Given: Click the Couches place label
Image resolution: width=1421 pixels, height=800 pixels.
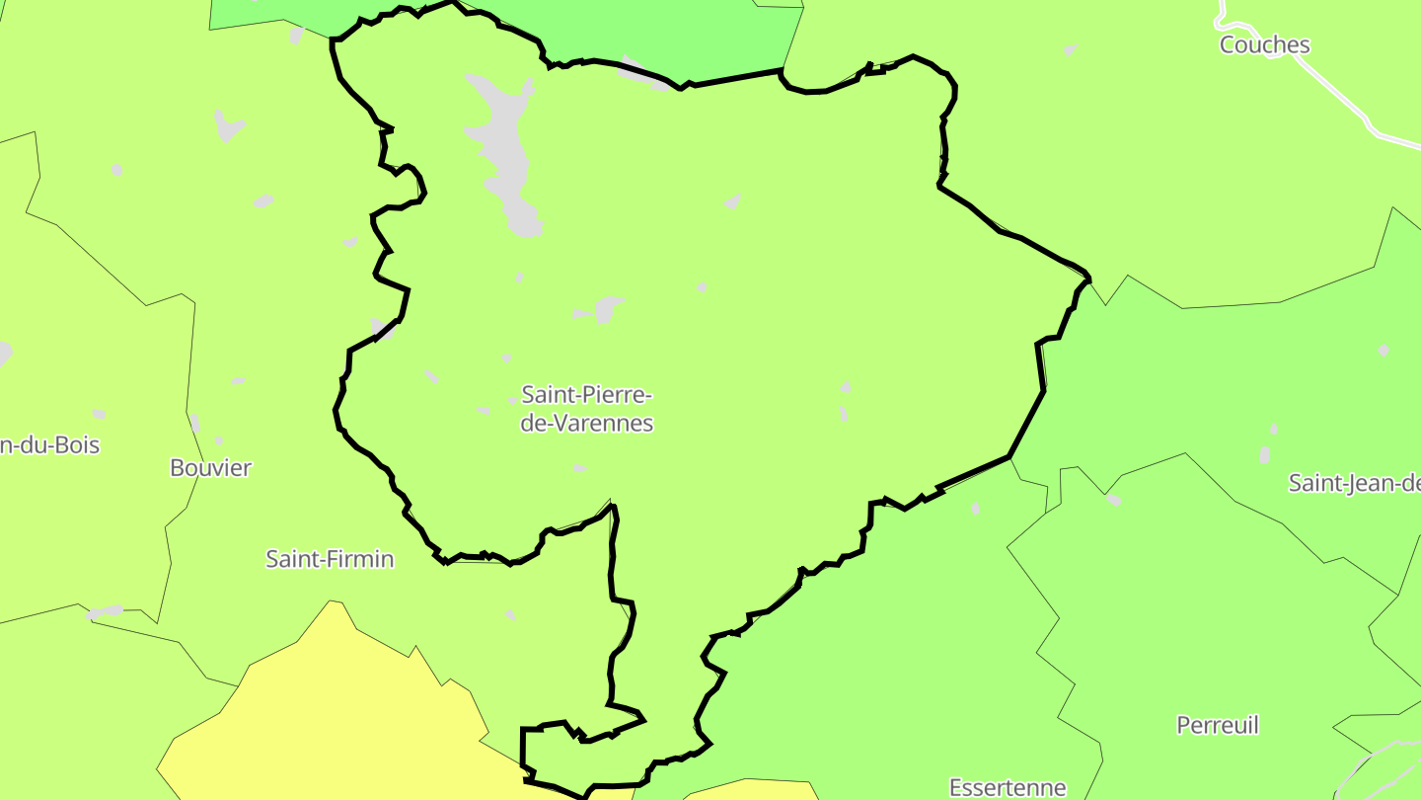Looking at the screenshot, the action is coord(1264,44).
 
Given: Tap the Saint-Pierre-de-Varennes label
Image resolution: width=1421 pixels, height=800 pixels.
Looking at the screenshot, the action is coord(587,409).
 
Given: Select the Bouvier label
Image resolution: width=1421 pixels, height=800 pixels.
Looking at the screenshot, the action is coord(210,467).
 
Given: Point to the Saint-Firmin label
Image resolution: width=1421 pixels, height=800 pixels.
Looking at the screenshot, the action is coord(330,559).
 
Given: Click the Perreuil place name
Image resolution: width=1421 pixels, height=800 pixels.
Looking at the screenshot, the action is coord(1218,725).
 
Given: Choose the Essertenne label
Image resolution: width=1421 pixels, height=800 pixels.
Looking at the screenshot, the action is coord(1008,787).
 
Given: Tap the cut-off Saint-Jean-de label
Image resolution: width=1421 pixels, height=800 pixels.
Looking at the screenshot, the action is coord(1354,483).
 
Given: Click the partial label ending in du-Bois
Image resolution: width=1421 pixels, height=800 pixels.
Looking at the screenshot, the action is coord(49,444).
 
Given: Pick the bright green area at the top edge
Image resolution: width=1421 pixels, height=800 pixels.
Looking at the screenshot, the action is coord(671,35).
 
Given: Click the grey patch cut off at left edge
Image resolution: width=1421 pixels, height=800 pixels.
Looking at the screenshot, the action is coord(4,353).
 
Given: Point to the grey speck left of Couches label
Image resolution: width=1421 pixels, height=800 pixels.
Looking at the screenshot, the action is coord(1071,49).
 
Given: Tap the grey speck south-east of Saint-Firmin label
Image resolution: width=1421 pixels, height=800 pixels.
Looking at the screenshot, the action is coord(510,614).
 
